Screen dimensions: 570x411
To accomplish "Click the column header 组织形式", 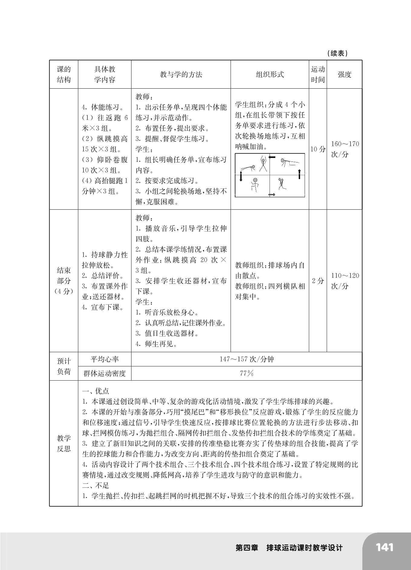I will click(x=270, y=74).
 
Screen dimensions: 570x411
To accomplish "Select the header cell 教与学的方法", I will click(x=181, y=74).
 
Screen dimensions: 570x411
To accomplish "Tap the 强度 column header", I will click(x=344, y=74).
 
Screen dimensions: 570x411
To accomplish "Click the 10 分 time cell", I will click(x=318, y=149).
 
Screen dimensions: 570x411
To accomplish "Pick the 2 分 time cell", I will click(x=318, y=281).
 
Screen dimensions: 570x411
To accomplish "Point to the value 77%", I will click(x=247, y=373).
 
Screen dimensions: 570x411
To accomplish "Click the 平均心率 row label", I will click(x=105, y=359).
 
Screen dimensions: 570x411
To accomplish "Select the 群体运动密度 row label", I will click(x=105, y=373).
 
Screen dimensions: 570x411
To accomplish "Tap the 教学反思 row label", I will click(x=64, y=443).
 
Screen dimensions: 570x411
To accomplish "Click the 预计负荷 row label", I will click(x=64, y=366).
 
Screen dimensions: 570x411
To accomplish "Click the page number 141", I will click(x=384, y=548).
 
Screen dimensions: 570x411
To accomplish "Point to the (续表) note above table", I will click(x=337, y=54).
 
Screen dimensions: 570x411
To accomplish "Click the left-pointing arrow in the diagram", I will click(x=272, y=157).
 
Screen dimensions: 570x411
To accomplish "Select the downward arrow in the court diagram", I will click(x=241, y=176).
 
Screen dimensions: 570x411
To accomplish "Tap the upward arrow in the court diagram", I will click(x=299, y=174).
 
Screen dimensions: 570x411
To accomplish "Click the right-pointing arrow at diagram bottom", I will click(x=272, y=194).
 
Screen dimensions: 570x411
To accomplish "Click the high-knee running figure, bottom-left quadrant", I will click(x=254, y=184).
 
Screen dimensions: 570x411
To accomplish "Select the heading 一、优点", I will click(x=95, y=391).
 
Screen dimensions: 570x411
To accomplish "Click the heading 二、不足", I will click(x=95, y=486).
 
